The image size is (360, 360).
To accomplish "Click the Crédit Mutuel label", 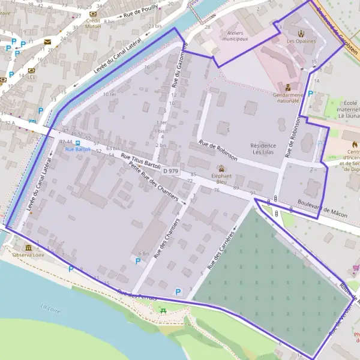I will click(x=92, y=23).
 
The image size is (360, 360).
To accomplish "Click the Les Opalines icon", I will click(x=300, y=34).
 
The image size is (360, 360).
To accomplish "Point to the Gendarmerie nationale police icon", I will click(x=289, y=88).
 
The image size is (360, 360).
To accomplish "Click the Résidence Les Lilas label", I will click(x=263, y=149).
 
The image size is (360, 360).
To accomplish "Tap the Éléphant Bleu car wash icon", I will click(x=221, y=168).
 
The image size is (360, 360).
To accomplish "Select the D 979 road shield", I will click(x=170, y=171).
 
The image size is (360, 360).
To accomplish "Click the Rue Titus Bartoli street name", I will click(x=142, y=161).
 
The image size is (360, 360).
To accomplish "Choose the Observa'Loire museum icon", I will click(x=28, y=248).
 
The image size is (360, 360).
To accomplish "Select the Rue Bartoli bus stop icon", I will click(x=77, y=143).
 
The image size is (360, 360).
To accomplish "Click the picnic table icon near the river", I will click(x=163, y=310).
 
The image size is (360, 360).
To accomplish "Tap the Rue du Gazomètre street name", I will click(x=178, y=64).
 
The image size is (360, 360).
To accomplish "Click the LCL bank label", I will click(x=31, y=77).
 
